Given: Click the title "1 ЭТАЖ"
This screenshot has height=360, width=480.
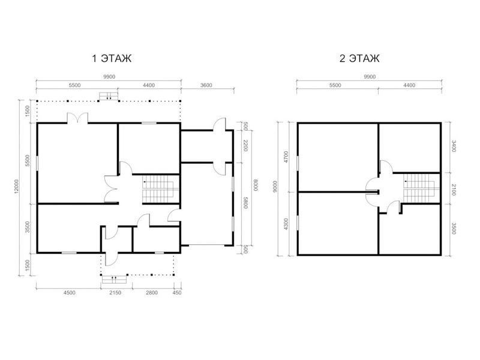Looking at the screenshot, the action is [x=112, y=58].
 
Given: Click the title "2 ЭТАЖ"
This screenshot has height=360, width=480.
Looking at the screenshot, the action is [x=359, y=58].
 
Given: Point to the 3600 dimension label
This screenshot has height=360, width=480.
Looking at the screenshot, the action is [x=206, y=85].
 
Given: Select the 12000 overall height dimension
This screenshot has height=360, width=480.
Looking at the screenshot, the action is [x=16, y=187].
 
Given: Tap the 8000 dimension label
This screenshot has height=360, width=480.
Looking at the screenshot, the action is [x=255, y=185].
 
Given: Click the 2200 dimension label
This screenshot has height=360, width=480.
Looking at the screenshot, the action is [x=245, y=145].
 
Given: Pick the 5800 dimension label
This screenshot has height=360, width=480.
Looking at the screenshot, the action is [x=245, y=203].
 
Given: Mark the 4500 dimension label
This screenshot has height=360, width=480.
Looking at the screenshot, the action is [x=69, y=292].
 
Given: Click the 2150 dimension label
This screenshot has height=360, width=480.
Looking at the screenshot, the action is [x=115, y=292].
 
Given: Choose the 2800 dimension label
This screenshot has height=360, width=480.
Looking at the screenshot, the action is [x=152, y=292].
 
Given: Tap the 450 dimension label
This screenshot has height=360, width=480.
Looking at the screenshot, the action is [x=177, y=292].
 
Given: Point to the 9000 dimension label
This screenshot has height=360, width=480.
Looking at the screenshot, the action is [x=275, y=187].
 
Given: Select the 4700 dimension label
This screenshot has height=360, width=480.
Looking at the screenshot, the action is [x=286, y=157].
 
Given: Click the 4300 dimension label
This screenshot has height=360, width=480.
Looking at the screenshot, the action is [x=286, y=224].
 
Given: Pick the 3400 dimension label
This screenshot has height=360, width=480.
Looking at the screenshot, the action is [x=454, y=146].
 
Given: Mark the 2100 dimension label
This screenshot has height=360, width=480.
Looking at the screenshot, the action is [x=454, y=190].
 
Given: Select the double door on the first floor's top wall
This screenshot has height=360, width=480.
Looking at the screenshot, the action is [x=78, y=118].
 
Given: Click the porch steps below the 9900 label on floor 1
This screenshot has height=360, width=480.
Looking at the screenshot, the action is [x=109, y=96].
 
